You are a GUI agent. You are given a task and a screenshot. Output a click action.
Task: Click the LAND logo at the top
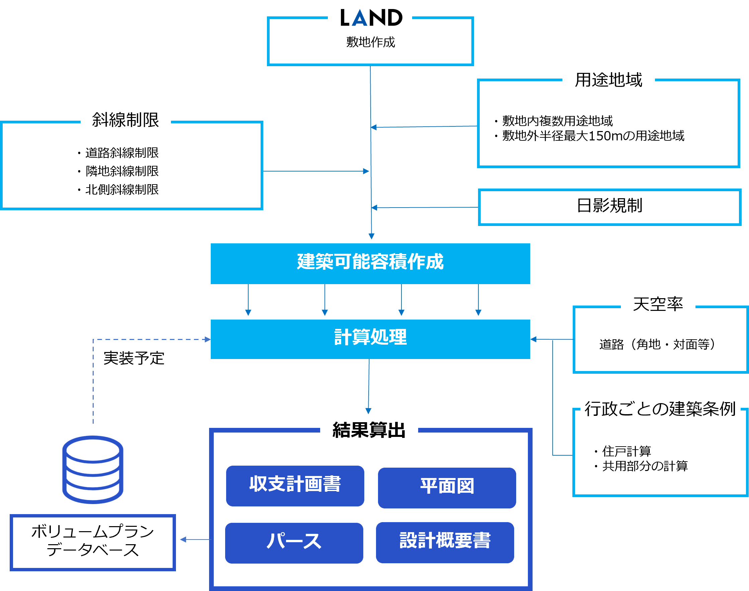click(371, 18)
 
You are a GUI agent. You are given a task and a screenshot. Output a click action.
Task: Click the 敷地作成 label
click(371, 42)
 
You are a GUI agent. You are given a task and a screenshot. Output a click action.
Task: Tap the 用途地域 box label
click(608, 80)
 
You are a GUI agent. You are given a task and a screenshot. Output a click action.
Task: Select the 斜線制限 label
click(125, 120)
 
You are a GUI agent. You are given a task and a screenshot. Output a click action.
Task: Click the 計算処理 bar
click(370, 338)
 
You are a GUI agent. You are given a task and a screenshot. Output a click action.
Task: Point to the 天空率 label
click(658, 305)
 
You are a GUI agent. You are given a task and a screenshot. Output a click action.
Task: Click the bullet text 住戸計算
click(627, 451)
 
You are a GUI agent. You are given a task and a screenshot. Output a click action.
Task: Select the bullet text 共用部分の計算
click(645, 466)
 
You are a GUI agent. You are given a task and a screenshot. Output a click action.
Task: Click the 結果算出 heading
click(369, 431)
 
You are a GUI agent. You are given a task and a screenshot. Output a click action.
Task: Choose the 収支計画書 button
click(295, 485)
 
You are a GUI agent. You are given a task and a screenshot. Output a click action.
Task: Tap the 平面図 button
click(447, 487)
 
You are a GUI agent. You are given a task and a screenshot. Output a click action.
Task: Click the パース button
click(294, 542)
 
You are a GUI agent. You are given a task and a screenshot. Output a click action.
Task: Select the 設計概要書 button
click(445, 541)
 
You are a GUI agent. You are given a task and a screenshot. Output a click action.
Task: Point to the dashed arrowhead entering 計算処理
click(207, 339)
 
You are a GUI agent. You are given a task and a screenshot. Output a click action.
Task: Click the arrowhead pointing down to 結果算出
click(368, 411)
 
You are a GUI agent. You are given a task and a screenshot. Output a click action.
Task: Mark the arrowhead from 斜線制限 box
click(366, 171)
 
